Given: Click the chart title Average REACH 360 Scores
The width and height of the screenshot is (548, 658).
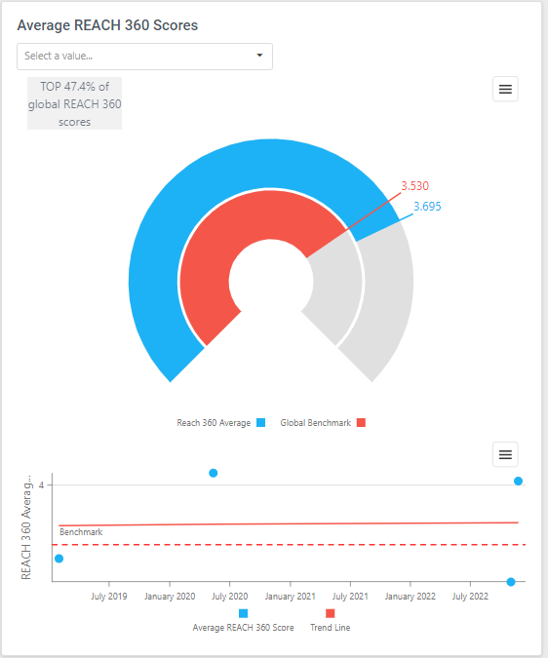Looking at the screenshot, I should [107, 25].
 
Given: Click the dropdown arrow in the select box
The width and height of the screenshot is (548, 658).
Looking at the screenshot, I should [259, 56].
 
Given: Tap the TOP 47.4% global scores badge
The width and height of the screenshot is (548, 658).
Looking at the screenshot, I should [74, 103].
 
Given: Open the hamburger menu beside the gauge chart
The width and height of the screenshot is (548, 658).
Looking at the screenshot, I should [505, 89].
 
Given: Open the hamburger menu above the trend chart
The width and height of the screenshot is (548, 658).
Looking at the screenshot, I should [505, 454].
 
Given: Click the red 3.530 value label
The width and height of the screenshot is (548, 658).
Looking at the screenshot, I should [414, 186].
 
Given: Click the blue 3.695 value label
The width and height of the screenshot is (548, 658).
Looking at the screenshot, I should [428, 207].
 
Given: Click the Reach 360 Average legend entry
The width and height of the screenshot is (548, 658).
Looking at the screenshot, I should [220, 423].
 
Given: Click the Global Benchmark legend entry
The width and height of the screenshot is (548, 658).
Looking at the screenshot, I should [323, 423].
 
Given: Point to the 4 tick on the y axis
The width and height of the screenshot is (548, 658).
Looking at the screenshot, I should [41, 484].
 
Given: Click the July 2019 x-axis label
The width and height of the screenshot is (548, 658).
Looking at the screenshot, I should [109, 596].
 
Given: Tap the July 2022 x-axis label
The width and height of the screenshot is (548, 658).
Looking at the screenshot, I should [472, 596].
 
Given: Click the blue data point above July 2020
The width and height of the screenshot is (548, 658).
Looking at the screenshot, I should [214, 473].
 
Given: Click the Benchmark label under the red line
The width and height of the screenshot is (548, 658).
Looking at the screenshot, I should [81, 532].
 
